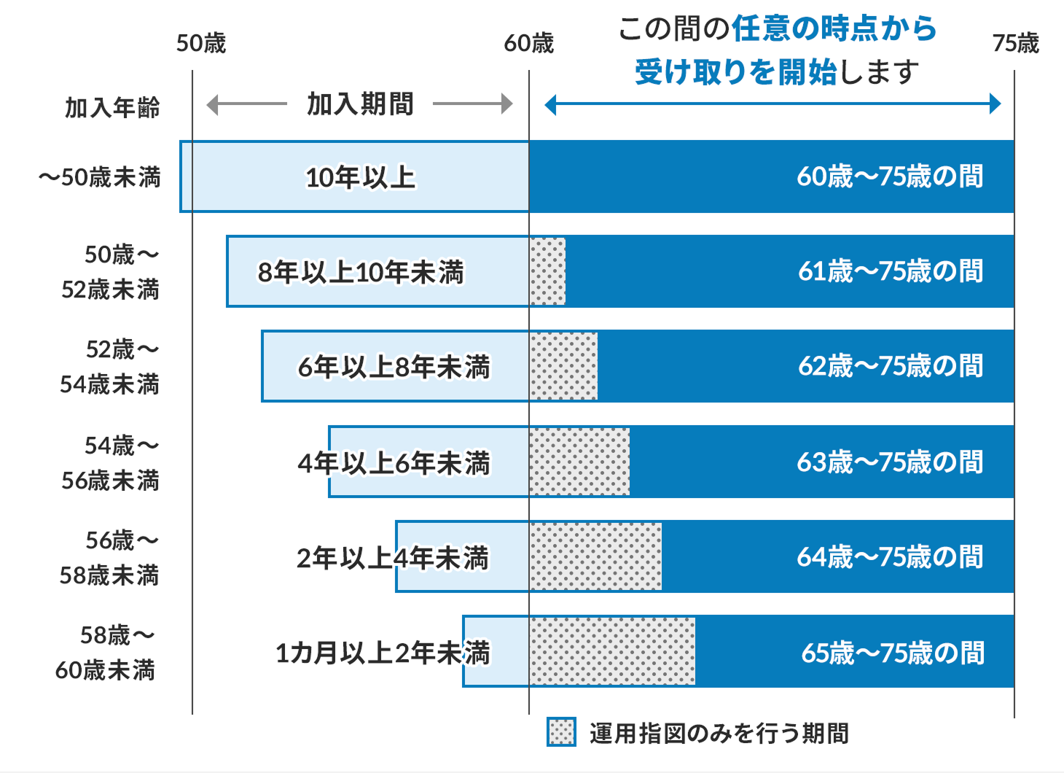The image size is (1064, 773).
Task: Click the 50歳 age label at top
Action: tap(201, 43)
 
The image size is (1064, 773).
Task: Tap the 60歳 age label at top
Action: tap(529, 43)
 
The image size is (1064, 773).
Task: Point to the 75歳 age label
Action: tap(1015, 43)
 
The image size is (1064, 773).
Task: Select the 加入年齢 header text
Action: tap(112, 107)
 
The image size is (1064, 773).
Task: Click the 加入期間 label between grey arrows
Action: tap(360, 104)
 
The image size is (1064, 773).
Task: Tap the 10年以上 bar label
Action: tap(360, 177)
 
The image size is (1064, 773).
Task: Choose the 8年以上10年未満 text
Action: tap(360, 272)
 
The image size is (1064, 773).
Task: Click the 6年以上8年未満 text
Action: tap(394, 367)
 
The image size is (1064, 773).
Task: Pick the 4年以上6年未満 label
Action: tap(394, 462)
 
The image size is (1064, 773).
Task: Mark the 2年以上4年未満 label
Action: tap(392, 558)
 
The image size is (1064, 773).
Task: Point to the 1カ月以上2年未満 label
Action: tap(382, 653)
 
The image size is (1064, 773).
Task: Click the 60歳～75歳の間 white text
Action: tap(890, 176)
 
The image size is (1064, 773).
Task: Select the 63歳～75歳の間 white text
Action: tap(890, 462)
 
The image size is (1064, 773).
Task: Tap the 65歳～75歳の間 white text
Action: tap(893, 653)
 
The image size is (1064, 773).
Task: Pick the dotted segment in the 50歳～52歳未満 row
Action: tap(547, 271)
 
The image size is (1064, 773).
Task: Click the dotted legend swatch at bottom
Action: tap(561, 732)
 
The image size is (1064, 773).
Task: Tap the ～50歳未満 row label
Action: tap(100, 177)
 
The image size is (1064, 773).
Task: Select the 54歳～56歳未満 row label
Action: tap(111, 462)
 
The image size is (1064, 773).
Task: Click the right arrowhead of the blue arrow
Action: tap(995, 104)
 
